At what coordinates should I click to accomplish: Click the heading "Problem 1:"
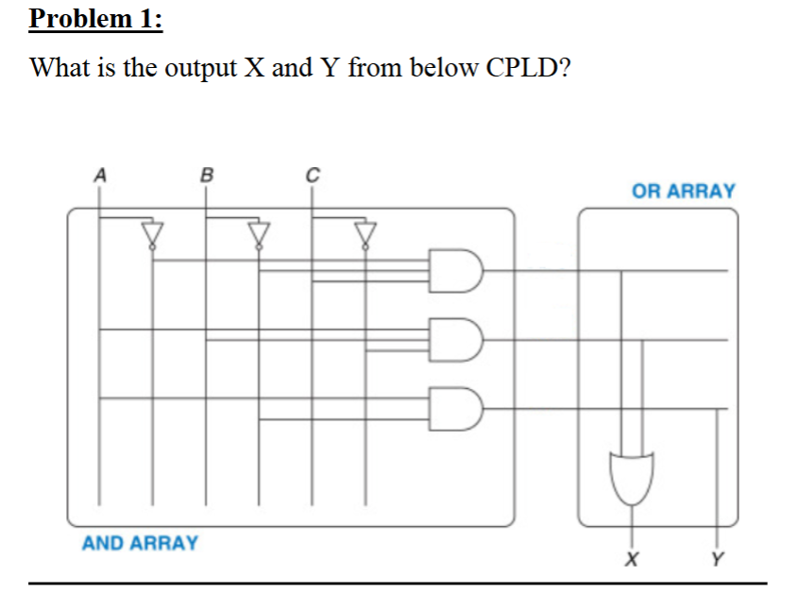tap(95, 20)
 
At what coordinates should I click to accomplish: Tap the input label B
tap(207, 174)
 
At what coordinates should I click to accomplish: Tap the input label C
tap(313, 174)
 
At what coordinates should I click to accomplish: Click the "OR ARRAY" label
tap(683, 191)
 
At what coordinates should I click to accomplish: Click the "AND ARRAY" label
tap(140, 543)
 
